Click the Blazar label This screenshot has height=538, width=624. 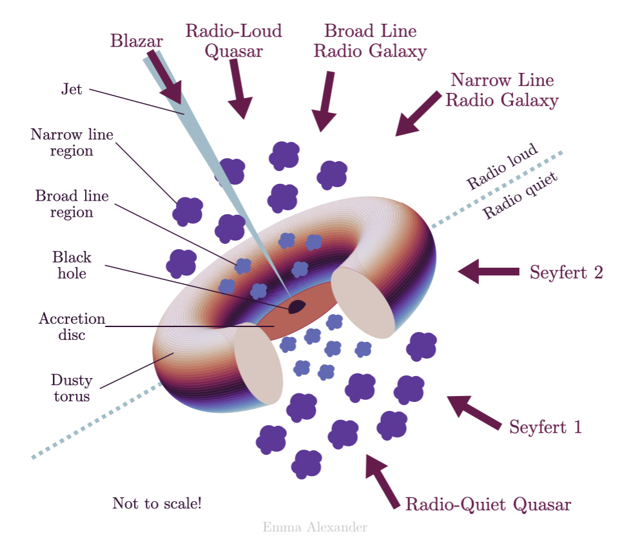[x=137, y=41]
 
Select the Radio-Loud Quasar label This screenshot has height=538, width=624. [x=233, y=41]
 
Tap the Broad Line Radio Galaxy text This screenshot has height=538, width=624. [x=370, y=41]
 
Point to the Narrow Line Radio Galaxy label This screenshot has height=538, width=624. [x=502, y=90]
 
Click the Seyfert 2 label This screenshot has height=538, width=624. [x=566, y=272]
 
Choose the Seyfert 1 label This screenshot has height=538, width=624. [x=545, y=427]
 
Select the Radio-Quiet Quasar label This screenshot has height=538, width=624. [x=488, y=504]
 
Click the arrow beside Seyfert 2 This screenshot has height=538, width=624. [x=489, y=272]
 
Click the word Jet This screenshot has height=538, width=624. [x=72, y=90]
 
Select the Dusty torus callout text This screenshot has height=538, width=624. [x=72, y=388]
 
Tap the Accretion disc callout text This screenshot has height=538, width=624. [x=72, y=326]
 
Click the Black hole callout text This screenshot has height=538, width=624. [x=72, y=265]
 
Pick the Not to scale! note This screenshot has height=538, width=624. [x=157, y=503]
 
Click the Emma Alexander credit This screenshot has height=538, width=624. [x=315, y=527]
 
